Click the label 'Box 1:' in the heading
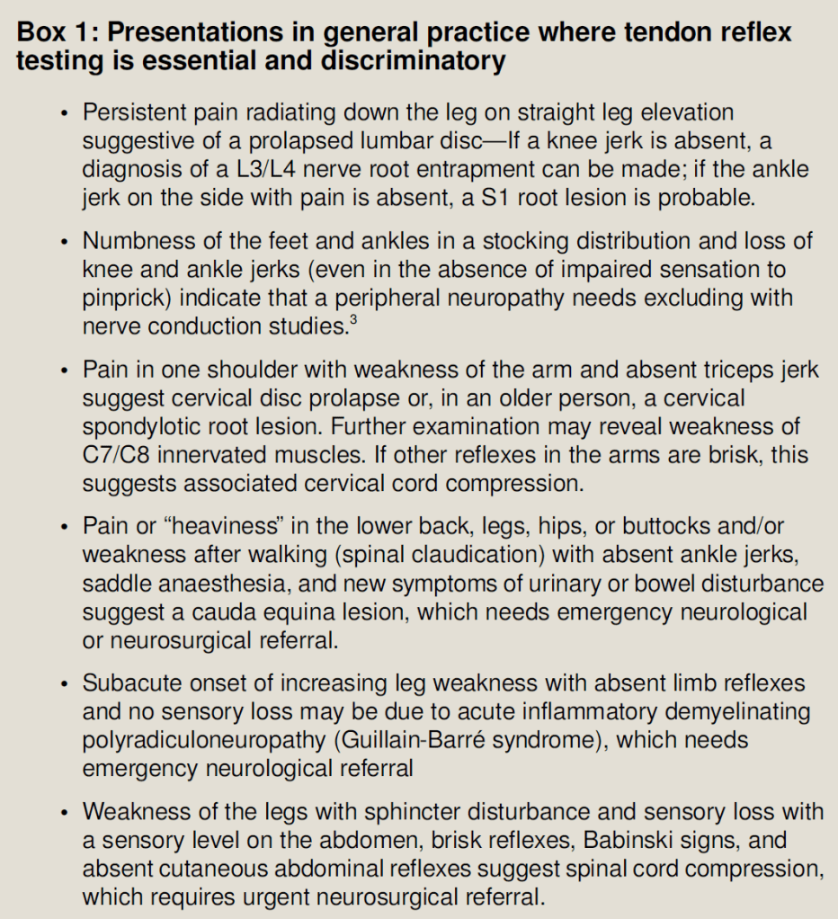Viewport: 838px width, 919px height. pos(58,32)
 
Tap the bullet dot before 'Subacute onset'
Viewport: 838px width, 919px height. pos(64,684)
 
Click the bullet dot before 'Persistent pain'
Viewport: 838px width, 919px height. pos(64,113)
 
